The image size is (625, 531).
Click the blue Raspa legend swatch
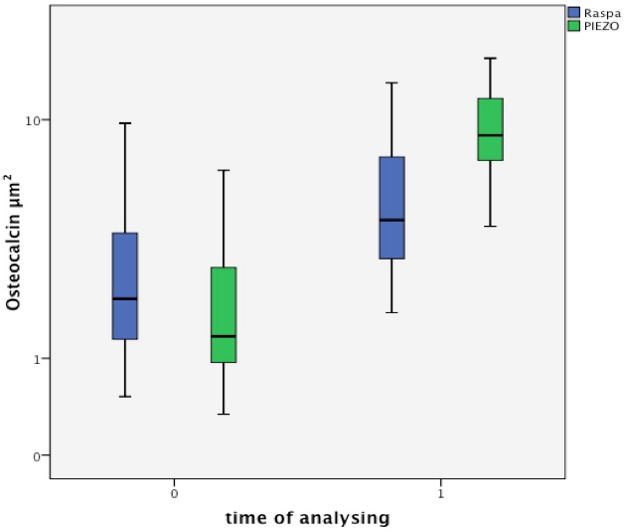573,12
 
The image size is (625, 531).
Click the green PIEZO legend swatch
573,26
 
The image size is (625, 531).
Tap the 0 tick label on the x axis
174,493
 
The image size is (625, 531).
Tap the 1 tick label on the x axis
440,493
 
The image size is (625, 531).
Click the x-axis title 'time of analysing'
307,518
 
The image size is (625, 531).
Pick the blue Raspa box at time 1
392,189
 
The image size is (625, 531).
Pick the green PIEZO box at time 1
490,114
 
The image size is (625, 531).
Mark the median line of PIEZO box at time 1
490,135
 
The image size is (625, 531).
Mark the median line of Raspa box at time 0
124,298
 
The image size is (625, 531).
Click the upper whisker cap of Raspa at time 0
124,123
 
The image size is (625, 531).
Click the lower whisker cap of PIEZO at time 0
224,414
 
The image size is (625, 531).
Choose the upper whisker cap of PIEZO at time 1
490,58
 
